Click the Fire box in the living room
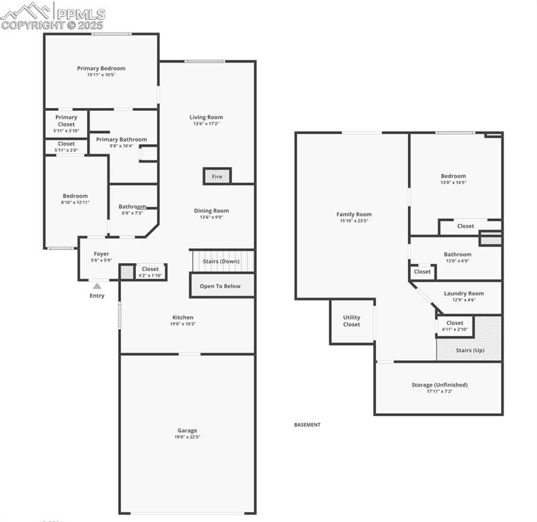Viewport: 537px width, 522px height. [x=217, y=176]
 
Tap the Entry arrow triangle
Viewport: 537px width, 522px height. [x=97, y=286]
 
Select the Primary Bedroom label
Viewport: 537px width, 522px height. [x=101, y=68]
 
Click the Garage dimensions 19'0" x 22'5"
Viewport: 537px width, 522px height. [x=187, y=437]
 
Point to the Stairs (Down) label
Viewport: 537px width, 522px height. [x=221, y=261]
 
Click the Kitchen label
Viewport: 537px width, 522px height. [x=183, y=317]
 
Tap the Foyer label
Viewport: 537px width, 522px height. [x=101, y=254]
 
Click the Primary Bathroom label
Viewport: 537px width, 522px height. [x=121, y=139]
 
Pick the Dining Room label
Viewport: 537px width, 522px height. [x=211, y=211]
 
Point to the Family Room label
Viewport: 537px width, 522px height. [x=354, y=214]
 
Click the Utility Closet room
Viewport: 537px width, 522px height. [x=351, y=321]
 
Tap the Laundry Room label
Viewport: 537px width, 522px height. [x=464, y=294]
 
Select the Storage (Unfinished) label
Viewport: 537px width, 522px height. [x=439, y=385]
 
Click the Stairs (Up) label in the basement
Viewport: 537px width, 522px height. [x=470, y=350]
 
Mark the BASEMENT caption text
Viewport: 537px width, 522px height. [x=307, y=425]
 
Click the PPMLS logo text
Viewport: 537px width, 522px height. [x=80, y=14]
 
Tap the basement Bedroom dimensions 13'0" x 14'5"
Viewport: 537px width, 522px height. [x=453, y=183]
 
